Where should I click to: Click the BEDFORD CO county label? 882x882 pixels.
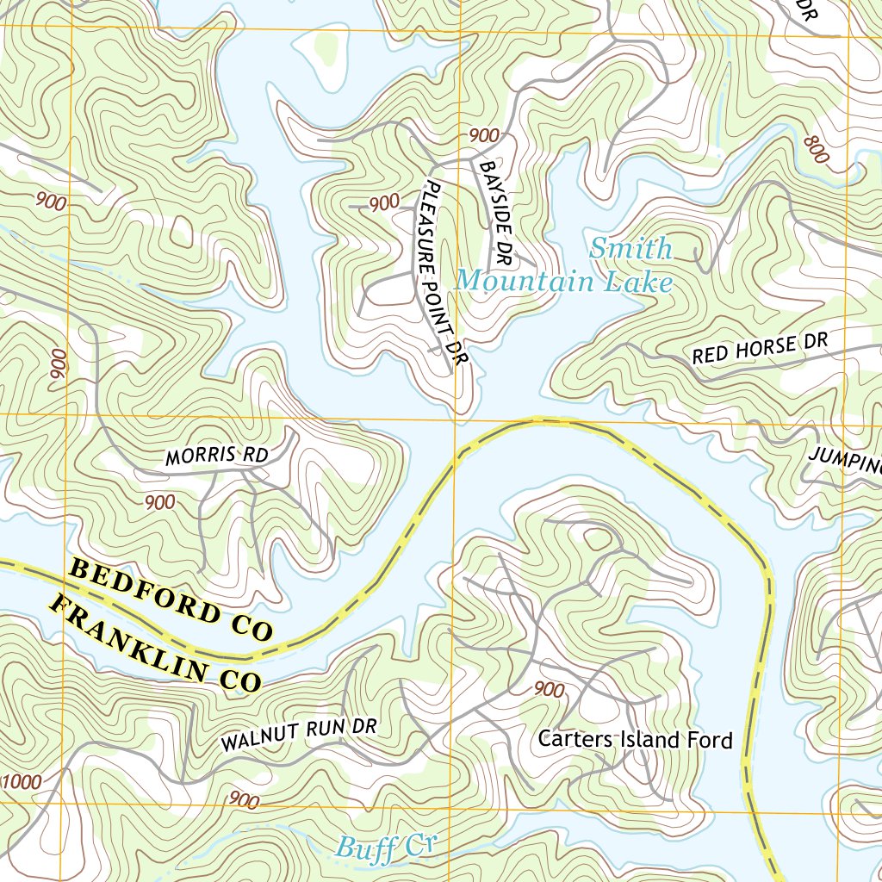click(x=171, y=600)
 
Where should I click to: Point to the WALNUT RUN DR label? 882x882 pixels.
click(x=299, y=735)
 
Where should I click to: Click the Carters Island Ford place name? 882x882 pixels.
click(x=635, y=739)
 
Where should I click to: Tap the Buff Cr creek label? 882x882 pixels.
click(x=382, y=847)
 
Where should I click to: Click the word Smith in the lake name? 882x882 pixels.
click(x=630, y=249)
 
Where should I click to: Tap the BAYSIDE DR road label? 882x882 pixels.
click(x=496, y=211)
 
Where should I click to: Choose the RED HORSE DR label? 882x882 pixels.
click(x=760, y=348)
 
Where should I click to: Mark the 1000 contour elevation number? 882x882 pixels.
click(x=22, y=782)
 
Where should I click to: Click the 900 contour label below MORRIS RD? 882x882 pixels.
click(x=160, y=502)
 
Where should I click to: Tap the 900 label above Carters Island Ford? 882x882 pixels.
click(x=549, y=689)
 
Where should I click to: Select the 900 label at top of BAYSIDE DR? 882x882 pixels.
click(x=484, y=135)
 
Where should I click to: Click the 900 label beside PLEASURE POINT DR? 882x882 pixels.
click(x=384, y=203)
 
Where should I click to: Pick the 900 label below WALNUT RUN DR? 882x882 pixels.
click(x=245, y=800)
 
